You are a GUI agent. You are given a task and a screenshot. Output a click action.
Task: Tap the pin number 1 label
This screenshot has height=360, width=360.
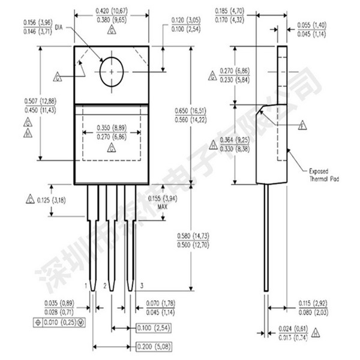86,285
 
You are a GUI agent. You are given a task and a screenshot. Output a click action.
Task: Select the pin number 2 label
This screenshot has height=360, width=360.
104,285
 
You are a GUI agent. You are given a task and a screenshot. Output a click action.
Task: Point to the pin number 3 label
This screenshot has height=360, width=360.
141,285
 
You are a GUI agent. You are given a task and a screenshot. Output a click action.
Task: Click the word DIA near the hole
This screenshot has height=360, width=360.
59,26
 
